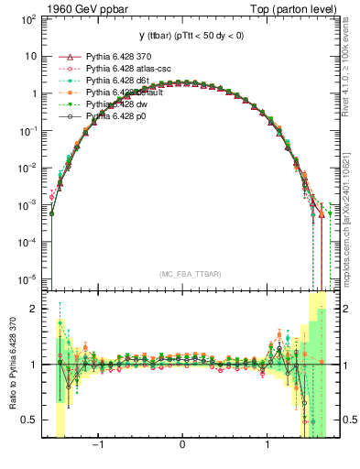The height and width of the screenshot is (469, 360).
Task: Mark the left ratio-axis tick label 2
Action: pos(36,309)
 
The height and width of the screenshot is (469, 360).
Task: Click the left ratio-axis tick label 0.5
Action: pos(31,420)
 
